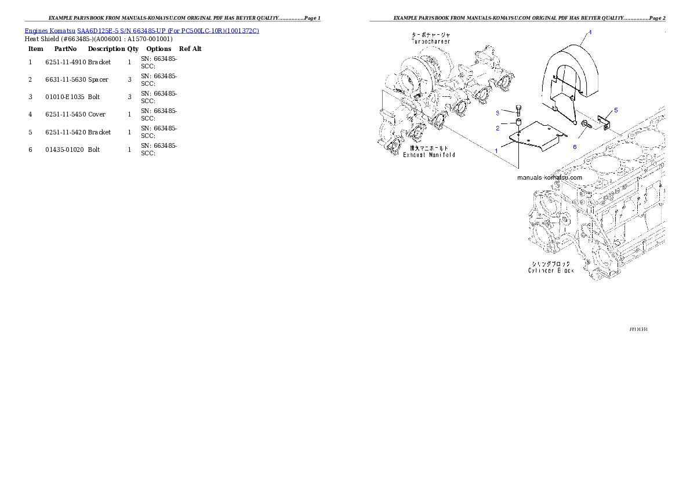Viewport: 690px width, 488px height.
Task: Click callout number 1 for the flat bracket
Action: point(496,150)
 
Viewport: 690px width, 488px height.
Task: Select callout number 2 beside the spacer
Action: point(497,128)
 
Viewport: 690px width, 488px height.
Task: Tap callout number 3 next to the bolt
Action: point(497,112)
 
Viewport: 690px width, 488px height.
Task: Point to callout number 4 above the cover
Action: point(590,32)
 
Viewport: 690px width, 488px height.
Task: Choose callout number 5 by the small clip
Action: point(616,110)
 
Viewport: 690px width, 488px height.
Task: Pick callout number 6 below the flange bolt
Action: point(575,147)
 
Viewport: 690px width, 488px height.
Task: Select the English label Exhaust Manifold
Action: point(429,155)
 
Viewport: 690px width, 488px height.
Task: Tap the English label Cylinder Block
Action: point(550,271)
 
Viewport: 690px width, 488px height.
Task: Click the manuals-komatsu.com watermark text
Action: point(549,177)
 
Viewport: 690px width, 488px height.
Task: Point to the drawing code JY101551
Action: point(638,329)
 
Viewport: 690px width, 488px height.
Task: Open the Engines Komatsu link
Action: point(50,30)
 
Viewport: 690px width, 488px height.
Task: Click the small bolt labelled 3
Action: point(518,112)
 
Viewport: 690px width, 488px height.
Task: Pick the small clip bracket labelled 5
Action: point(604,123)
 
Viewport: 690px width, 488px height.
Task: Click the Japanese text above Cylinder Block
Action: point(551,264)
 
